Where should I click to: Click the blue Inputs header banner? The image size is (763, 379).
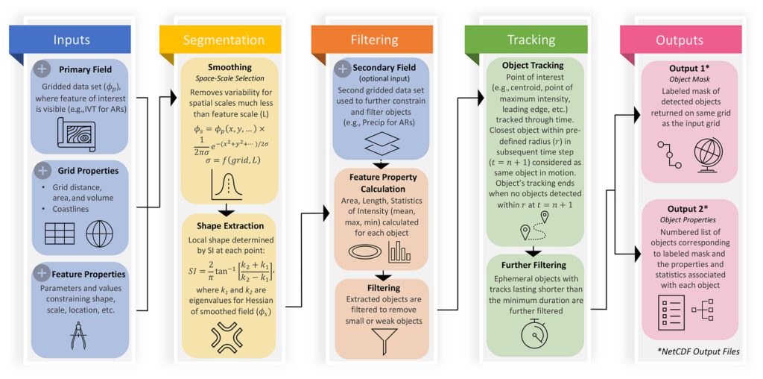[x=70, y=40]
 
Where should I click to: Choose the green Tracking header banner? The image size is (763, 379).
[x=525, y=40]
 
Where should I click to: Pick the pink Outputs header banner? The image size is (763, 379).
[x=679, y=40]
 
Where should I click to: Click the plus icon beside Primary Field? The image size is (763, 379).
[x=42, y=69]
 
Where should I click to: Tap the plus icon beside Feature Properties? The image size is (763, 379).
[x=42, y=274]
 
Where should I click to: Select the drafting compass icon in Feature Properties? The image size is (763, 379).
[x=77, y=332]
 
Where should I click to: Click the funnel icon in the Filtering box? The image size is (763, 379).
[x=381, y=339]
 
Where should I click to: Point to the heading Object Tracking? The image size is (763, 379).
[x=534, y=65]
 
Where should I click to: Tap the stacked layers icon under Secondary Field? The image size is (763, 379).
[x=381, y=144]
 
